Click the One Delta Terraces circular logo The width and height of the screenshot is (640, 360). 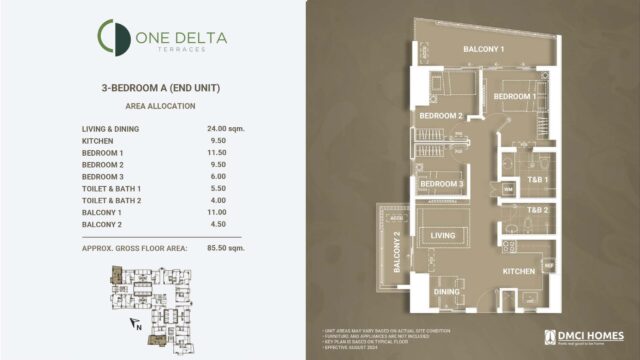(112, 38)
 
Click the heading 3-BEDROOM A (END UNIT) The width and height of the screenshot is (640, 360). (161, 88)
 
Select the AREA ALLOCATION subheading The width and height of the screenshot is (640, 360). (161, 105)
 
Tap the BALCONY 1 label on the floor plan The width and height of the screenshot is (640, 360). (482, 49)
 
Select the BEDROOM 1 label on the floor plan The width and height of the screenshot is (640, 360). (516, 96)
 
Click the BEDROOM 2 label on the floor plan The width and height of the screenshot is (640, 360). (440, 116)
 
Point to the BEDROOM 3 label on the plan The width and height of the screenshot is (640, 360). (441, 184)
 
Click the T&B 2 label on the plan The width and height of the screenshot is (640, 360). (538, 210)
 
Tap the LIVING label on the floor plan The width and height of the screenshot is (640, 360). (443, 236)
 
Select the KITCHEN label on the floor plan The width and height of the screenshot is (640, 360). (521, 271)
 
